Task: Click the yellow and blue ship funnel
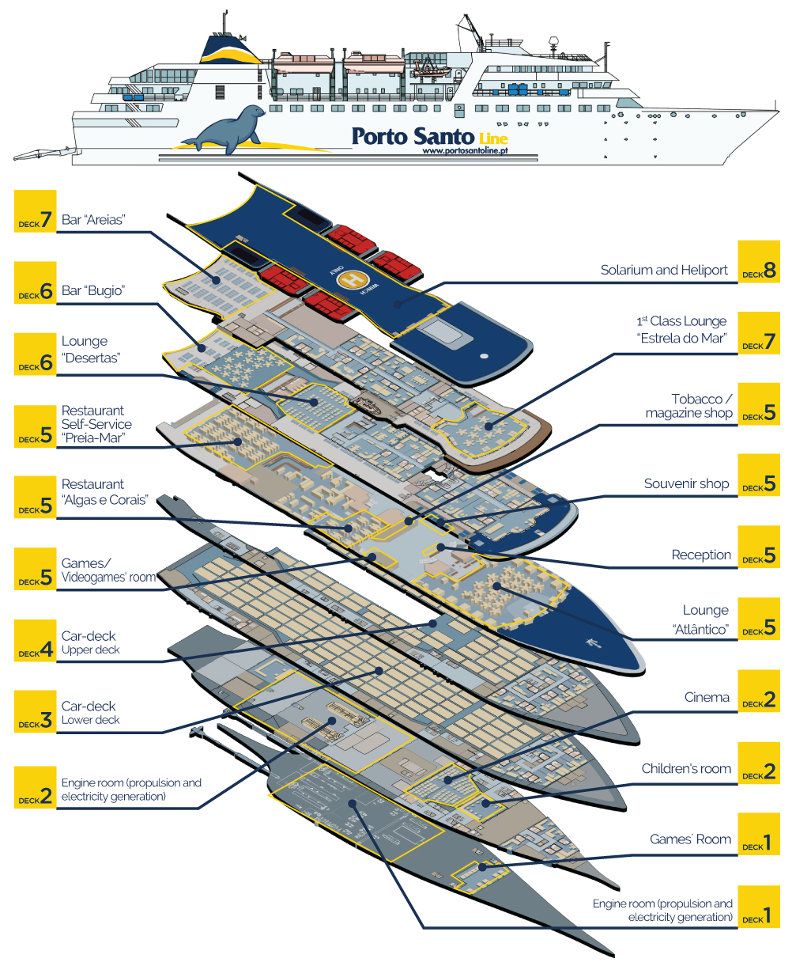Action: pyautogui.click(x=230, y=48)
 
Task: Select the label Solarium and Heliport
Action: pyautogui.click(x=664, y=270)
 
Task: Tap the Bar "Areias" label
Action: pyautogui.click(x=93, y=220)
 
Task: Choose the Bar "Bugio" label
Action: pyautogui.click(x=95, y=290)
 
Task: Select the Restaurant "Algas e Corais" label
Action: pyautogui.click(x=104, y=491)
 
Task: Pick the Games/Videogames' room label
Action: pyautogui.click(x=108, y=570)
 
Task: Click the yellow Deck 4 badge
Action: pyautogui.click(x=36, y=642)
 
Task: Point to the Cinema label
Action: pyautogui.click(x=707, y=697)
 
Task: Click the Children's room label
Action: pyautogui.click(x=686, y=768)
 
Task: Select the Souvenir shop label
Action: pyautogui.click(x=686, y=483)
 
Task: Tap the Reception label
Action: pyautogui.click(x=701, y=555)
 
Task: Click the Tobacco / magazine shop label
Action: pyautogui.click(x=688, y=406)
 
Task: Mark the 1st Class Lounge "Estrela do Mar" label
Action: pyautogui.click(x=681, y=328)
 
